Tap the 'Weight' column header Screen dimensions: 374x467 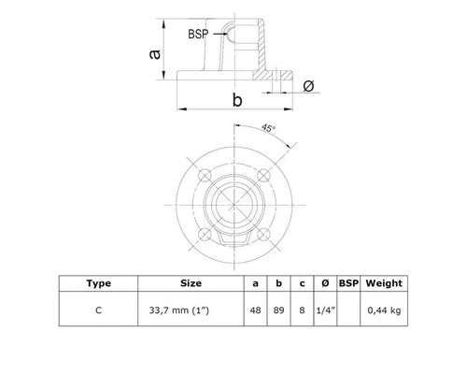[x=384, y=281]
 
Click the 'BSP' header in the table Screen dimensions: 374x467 [x=347, y=281]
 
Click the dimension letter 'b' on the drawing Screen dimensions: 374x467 [x=237, y=98]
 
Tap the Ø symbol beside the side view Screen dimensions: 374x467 [x=309, y=86]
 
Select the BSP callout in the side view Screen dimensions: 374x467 [x=198, y=35]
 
